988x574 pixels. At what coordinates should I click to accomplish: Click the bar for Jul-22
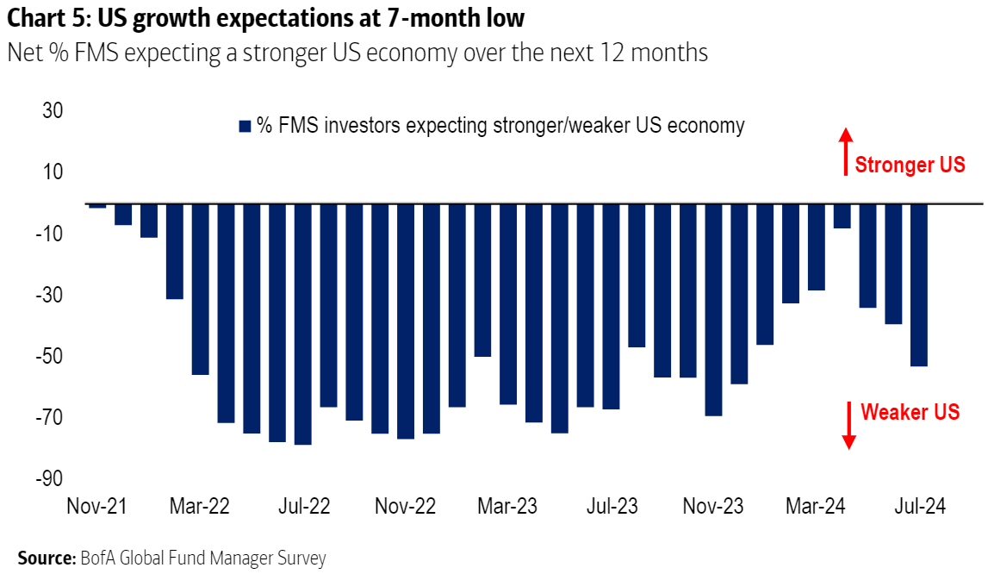(302, 324)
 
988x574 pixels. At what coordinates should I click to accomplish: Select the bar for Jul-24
(918, 285)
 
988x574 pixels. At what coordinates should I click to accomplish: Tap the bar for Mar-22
(200, 290)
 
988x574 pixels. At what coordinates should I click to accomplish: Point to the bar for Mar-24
(816, 247)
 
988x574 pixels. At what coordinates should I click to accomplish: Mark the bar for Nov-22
(405, 321)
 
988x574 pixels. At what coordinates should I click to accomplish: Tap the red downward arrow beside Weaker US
(848, 425)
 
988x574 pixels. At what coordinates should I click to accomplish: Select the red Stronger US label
(910, 165)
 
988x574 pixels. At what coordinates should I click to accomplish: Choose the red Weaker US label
(910, 412)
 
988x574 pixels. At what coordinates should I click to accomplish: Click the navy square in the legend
(244, 127)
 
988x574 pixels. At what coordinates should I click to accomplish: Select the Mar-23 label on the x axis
(507, 507)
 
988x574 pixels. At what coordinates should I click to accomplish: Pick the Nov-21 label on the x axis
(96, 507)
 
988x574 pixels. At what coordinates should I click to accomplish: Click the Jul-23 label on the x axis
(612, 507)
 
